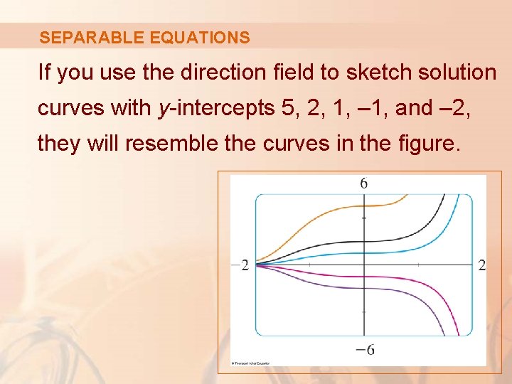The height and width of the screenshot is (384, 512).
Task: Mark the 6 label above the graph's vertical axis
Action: point(364,183)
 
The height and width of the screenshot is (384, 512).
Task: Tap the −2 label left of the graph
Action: point(241,265)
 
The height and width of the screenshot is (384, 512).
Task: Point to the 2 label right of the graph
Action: point(482,265)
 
